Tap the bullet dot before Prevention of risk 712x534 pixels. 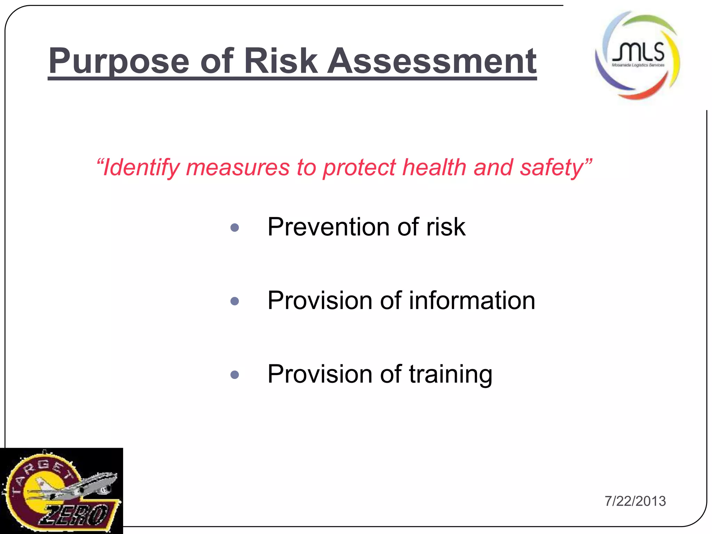coord(235,228)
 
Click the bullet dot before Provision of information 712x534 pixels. coord(235,301)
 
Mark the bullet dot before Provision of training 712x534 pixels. coord(235,375)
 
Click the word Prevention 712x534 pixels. coord(328,227)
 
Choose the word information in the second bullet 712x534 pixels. coord(472,300)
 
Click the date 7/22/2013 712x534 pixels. coord(635,501)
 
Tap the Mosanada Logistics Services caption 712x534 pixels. coord(638,65)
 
